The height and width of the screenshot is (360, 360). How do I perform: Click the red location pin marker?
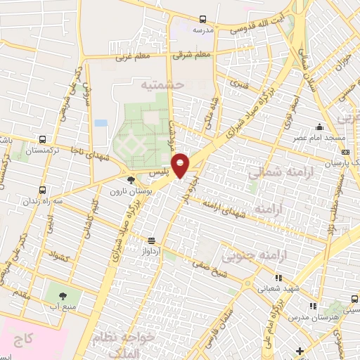coord(181,165)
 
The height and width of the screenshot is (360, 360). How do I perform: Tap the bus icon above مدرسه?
coord(202,20)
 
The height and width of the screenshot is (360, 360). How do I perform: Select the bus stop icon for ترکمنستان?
coord(44,140)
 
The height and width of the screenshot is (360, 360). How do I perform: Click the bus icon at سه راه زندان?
coord(44,190)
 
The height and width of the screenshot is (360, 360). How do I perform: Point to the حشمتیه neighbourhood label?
coord(162,84)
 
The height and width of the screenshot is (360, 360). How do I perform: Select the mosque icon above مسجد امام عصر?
coord(320,127)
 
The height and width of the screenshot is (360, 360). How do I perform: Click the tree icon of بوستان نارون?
coord(131,180)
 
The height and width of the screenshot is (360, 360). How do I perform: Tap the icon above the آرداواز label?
coord(150,240)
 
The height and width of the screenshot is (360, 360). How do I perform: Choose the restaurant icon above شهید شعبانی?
coord(279,277)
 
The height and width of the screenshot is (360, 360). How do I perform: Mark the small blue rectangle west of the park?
coord(101,123)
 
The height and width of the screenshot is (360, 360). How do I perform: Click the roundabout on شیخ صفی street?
coord(250,284)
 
